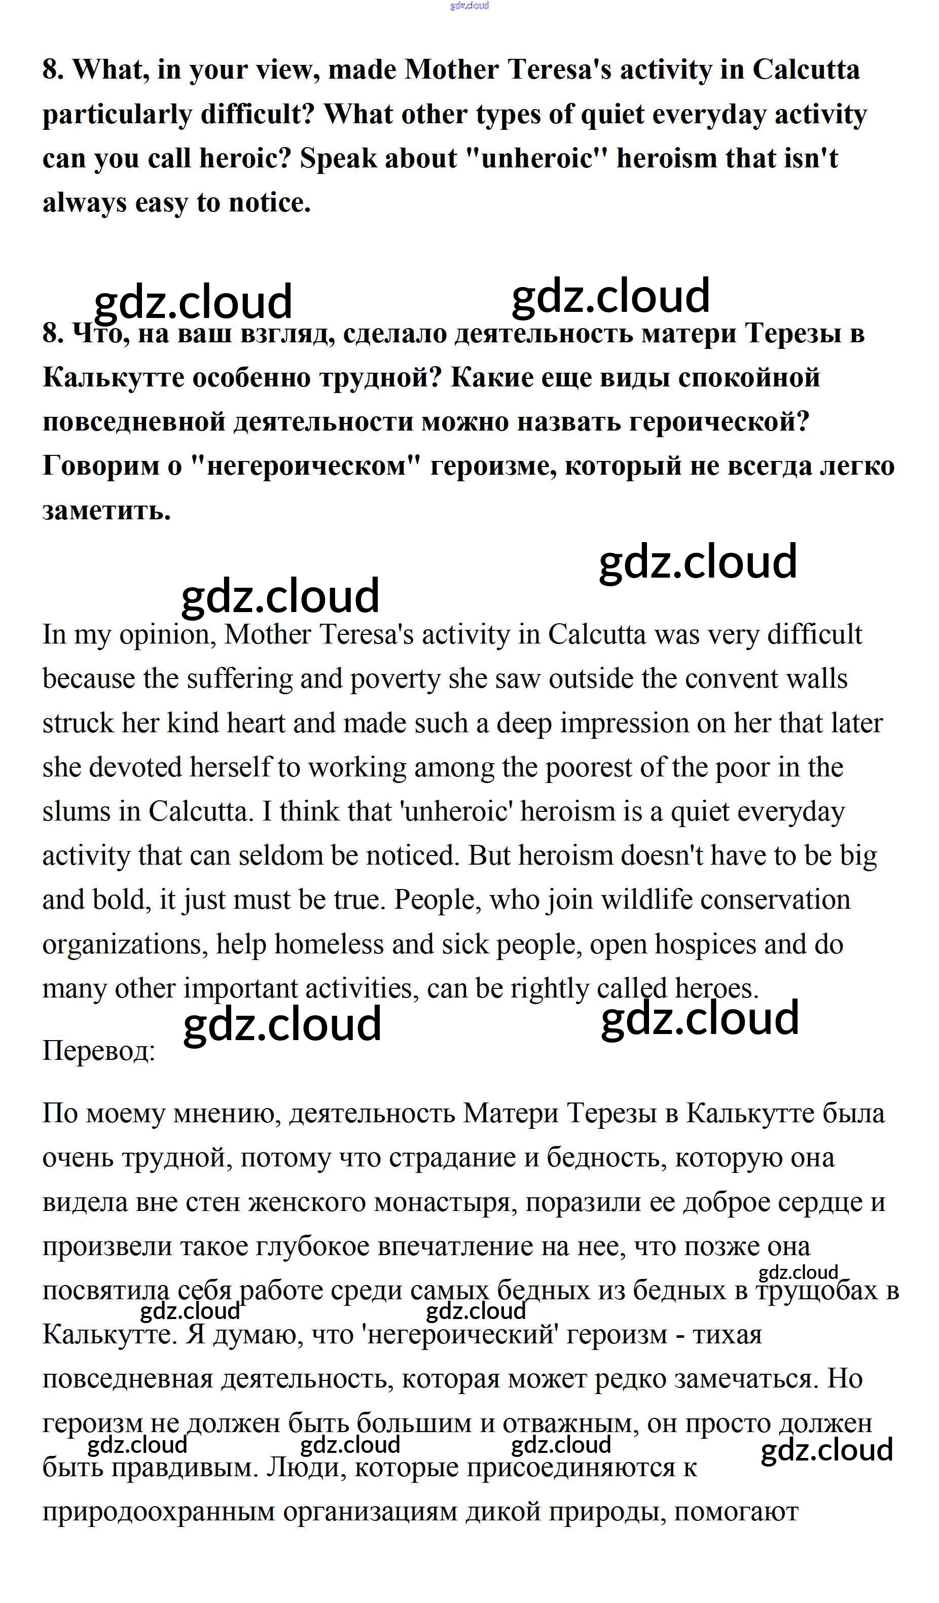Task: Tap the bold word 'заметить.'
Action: point(107,511)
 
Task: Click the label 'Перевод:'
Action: point(98,1051)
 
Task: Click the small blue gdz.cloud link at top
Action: point(469,6)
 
